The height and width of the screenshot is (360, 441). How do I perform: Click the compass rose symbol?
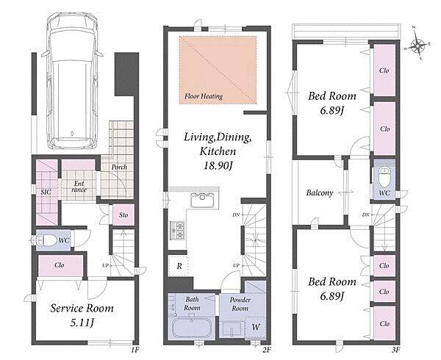[x=417, y=43]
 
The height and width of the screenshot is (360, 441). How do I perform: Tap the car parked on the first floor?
[x=72, y=81]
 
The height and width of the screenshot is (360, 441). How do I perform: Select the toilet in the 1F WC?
[x=45, y=240]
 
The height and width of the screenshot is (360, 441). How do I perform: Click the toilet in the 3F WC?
[x=384, y=177]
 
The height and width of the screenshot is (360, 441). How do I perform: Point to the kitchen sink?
[x=202, y=200]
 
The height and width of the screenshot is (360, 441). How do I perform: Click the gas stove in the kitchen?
[x=177, y=230]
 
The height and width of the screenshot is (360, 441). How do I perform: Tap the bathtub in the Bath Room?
[x=192, y=328]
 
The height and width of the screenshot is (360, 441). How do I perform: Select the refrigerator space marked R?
[x=179, y=266]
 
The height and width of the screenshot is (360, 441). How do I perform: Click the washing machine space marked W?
[x=255, y=327]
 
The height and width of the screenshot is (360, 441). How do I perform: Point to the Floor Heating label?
[x=204, y=96]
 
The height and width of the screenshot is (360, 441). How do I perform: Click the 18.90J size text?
[x=218, y=166]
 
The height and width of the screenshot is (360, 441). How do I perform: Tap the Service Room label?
[x=82, y=309]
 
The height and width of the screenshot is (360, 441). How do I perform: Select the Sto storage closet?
[x=123, y=215]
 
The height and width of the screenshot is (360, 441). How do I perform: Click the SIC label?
[x=46, y=192]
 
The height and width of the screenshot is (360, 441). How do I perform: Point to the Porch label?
[x=119, y=167]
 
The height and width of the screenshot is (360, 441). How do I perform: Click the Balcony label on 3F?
[x=320, y=192]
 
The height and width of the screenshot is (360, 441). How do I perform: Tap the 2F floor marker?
[x=266, y=350]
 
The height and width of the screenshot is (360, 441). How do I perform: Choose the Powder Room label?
[x=240, y=303]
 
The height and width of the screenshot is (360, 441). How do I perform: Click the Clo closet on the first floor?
[x=60, y=265]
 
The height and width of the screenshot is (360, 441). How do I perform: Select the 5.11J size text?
[x=82, y=323]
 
